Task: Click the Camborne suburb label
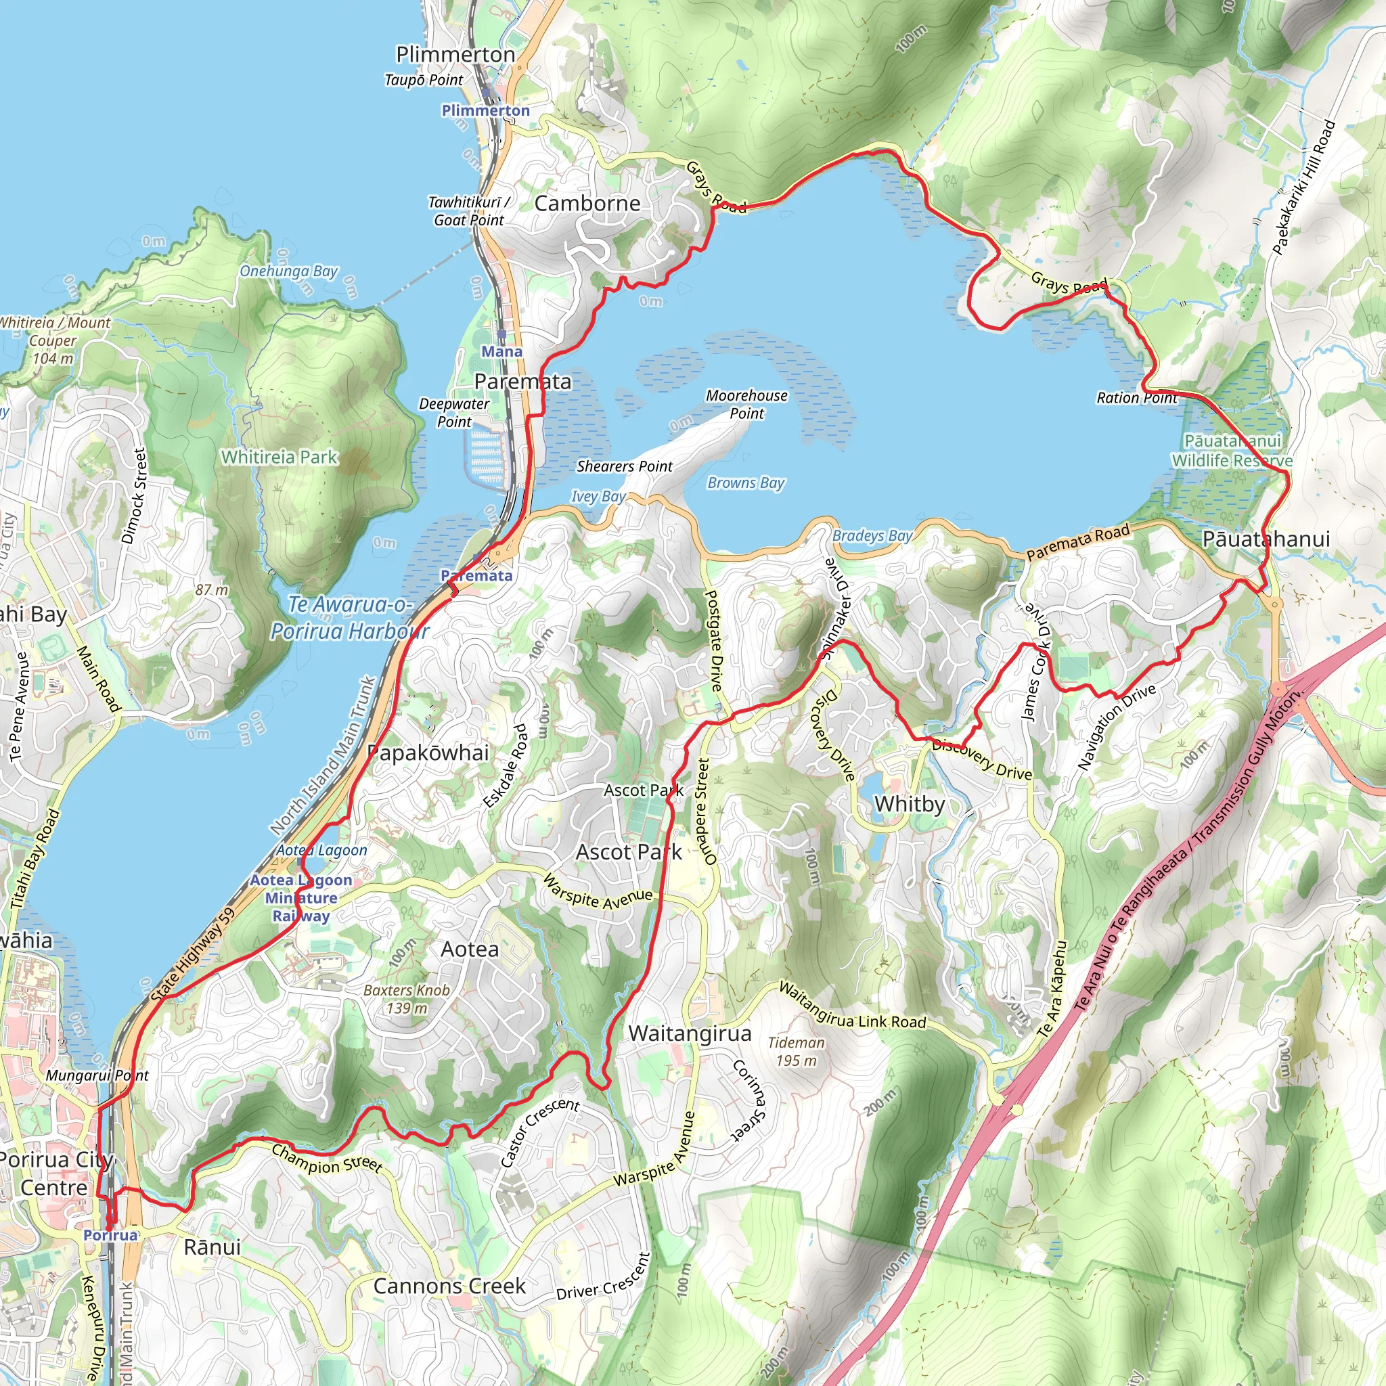click(x=587, y=204)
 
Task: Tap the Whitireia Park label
click(x=279, y=457)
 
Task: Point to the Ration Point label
click(x=1136, y=398)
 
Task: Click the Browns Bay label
click(x=746, y=483)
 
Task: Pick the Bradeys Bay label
click(x=872, y=536)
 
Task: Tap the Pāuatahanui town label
click(x=1266, y=539)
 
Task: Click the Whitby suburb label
click(x=909, y=804)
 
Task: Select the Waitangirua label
click(x=690, y=1034)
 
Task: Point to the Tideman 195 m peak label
click(x=796, y=1052)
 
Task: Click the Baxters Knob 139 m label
click(x=407, y=999)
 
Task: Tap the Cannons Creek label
click(x=449, y=1287)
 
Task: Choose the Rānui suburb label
click(x=213, y=1247)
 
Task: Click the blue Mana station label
click(x=501, y=351)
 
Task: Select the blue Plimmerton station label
click(x=486, y=110)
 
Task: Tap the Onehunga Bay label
click(x=288, y=271)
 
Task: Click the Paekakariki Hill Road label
click(x=1303, y=188)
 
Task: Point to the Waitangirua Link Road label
click(x=852, y=1006)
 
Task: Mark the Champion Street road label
click(x=326, y=1159)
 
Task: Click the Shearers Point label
click(x=624, y=466)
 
